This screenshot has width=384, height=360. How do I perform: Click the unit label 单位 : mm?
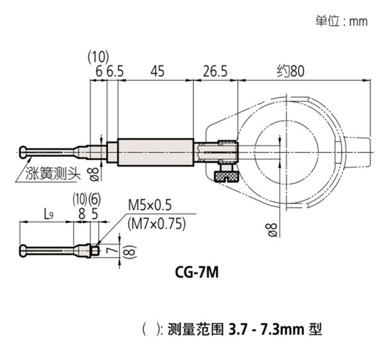coord(341,20)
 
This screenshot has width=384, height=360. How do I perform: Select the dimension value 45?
coord(156,72)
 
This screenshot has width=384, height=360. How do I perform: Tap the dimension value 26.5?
coord(215,72)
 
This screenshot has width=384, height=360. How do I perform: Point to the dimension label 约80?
coord(291,72)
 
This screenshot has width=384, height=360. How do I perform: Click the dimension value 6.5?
coord(115,72)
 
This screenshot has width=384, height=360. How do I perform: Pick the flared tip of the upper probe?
coord(24,152)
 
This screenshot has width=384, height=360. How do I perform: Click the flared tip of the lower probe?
coord(24,249)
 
